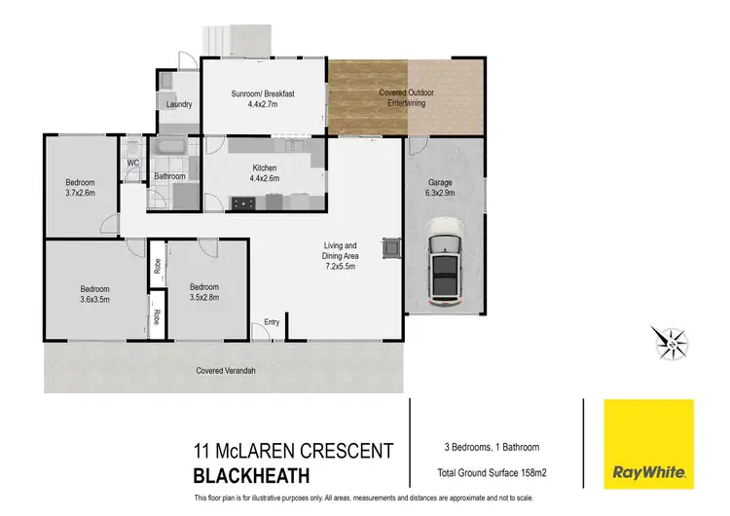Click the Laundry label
click(x=179, y=104)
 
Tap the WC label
click(x=131, y=164)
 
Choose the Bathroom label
click(x=169, y=176)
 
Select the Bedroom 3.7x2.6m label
click(x=80, y=188)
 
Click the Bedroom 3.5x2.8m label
click(x=204, y=292)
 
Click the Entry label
click(x=272, y=322)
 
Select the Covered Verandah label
click(x=226, y=371)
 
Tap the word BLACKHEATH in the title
click(x=252, y=476)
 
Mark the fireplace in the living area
click(x=391, y=247)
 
